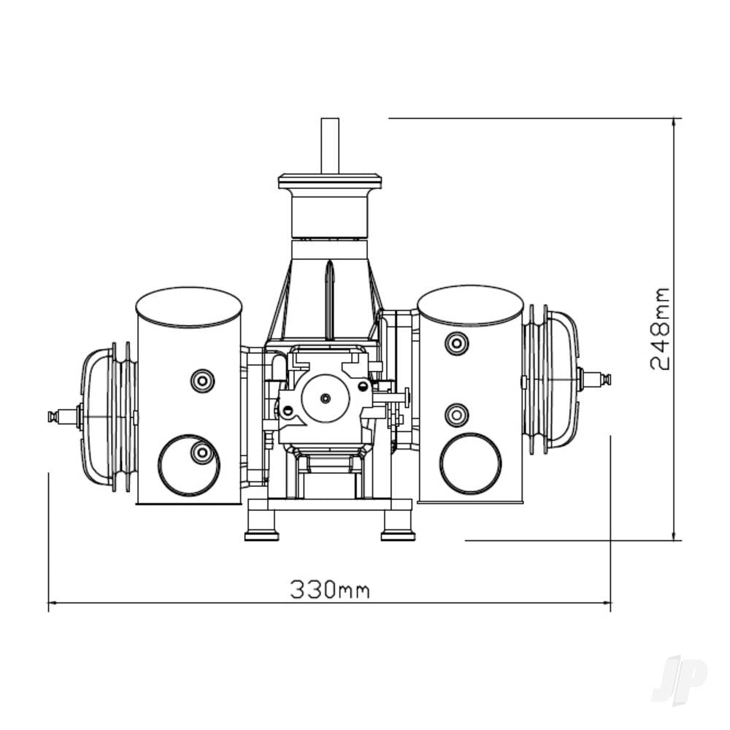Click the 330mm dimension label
329,589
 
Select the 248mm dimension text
660,329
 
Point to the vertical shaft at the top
330,145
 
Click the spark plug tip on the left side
53,416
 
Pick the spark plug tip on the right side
605,379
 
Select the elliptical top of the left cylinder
189,307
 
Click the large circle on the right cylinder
470,464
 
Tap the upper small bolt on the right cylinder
456,342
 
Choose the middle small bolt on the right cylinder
456,415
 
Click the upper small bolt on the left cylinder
202,380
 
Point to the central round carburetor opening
325,398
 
